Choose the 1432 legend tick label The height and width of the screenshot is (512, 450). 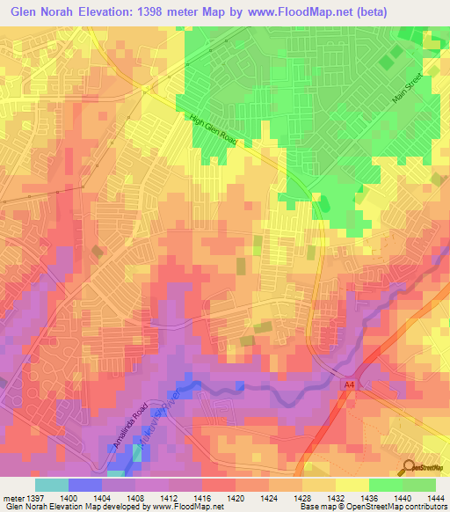coord(336,497)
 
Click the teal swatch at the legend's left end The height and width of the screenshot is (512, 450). coord(52,485)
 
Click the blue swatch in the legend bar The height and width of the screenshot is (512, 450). coord(85,485)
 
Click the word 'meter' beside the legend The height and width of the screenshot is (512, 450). coord(12,497)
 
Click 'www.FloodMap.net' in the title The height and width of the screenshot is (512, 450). coord(285,12)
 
